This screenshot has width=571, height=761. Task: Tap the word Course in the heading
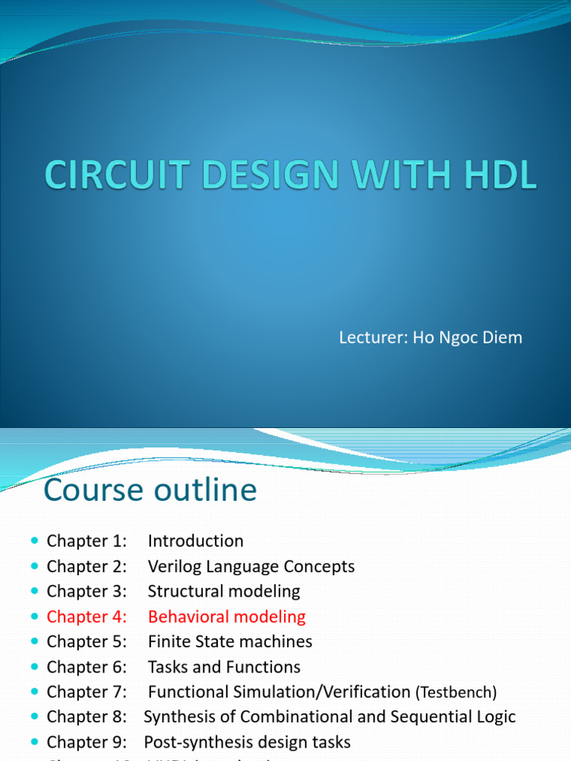click(91, 490)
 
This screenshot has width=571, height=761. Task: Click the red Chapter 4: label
click(87, 616)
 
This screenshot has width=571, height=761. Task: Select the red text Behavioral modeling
click(227, 616)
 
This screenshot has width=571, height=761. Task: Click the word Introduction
click(196, 541)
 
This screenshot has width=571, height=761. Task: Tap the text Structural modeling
click(224, 592)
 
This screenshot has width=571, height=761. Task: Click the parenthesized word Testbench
click(455, 693)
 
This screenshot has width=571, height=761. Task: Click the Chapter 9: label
click(87, 742)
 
